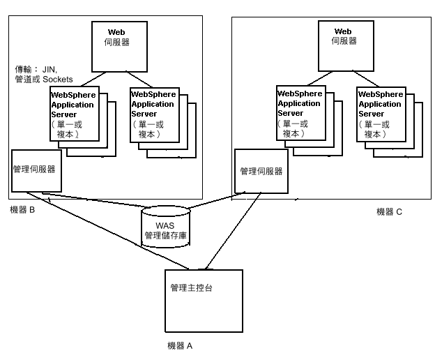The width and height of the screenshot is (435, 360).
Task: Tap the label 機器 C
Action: click(x=389, y=212)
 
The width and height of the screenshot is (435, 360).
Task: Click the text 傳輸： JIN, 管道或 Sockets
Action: click(x=43, y=75)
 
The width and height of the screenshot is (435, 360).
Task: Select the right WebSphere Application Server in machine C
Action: click(x=380, y=114)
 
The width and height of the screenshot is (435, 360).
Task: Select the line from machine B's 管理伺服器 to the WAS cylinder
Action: click(x=105, y=202)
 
